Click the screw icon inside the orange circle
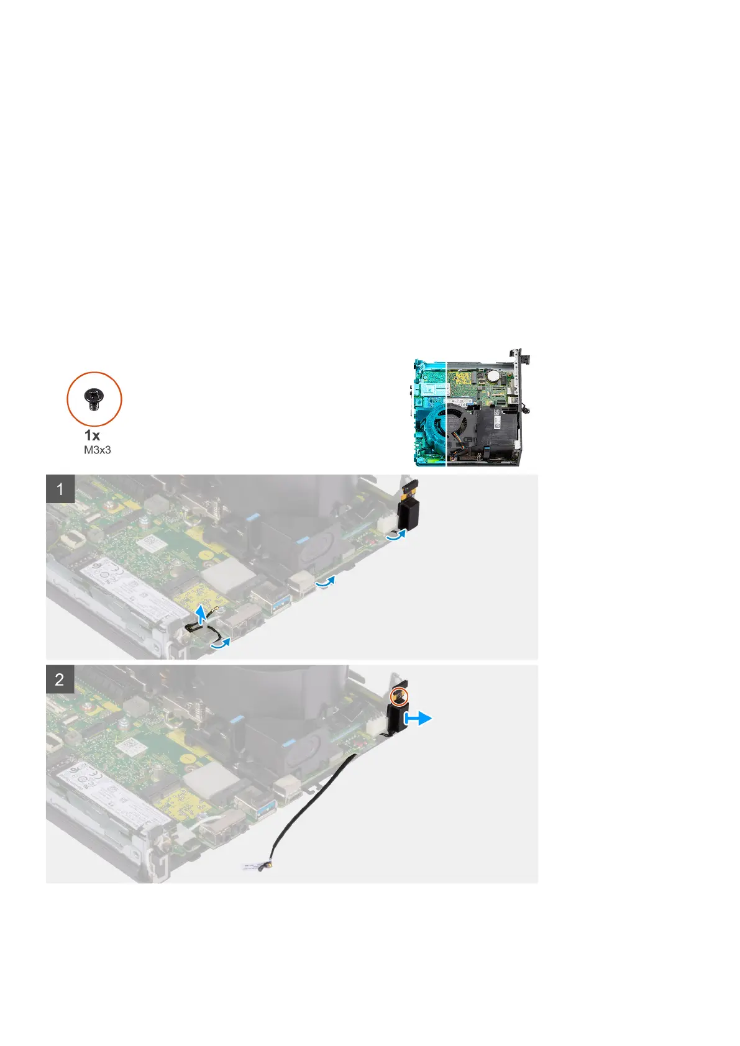click(94, 398)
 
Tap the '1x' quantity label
click(93, 435)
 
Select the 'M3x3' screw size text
click(98, 449)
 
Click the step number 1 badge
click(60, 489)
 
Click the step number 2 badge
click(60, 679)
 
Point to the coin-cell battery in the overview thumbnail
click(493, 375)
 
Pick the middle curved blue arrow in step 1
click(326, 583)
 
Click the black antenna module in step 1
click(409, 509)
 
